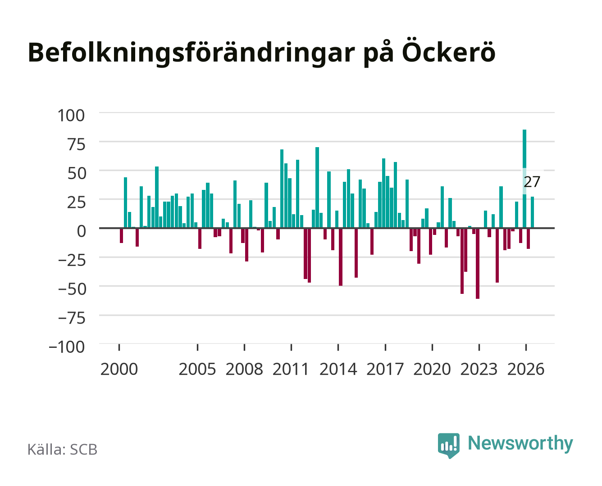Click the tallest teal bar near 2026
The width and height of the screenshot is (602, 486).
pyautogui.click(x=524, y=178)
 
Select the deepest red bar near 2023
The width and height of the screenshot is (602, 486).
pyautogui.click(x=478, y=263)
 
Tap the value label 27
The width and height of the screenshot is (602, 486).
pyautogui.click(x=532, y=182)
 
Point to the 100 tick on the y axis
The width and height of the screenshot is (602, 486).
pyautogui.click(x=71, y=116)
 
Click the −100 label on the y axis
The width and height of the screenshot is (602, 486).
pyautogui.click(x=67, y=347)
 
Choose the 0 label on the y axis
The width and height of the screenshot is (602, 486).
pyautogui.click(x=82, y=231)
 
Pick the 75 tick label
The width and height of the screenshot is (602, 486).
pyautogui.click(x=76, y=144)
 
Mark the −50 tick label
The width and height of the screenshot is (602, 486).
pyautogui.click(x=72, y=289)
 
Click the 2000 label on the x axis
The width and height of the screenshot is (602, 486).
pyautogui.click(x=119, y=369)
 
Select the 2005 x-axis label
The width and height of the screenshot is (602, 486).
pyautogui.click(x=197, y=369)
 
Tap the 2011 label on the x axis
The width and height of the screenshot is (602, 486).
pyautogui.click(x=291, y=369)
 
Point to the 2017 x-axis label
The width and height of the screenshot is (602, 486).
pyautogui.click(x=385, y=369)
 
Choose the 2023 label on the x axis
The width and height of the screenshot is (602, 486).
pyautogui.click(x=479, y=369)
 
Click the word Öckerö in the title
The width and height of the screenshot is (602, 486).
pyautogui.click(x=448, y=53)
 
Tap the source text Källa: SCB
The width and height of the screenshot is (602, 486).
pyautogui.click(x=63, y=450)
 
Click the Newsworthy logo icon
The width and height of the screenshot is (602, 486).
pyautogui.click(x=448, y=445)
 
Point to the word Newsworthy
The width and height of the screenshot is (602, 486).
pyautogui.click(x=520, y=443)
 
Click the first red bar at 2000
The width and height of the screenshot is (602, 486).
pyautogui.click(x=121, y=235)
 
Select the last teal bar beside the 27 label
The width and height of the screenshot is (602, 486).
pyautogui.click(x=532, y=212)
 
